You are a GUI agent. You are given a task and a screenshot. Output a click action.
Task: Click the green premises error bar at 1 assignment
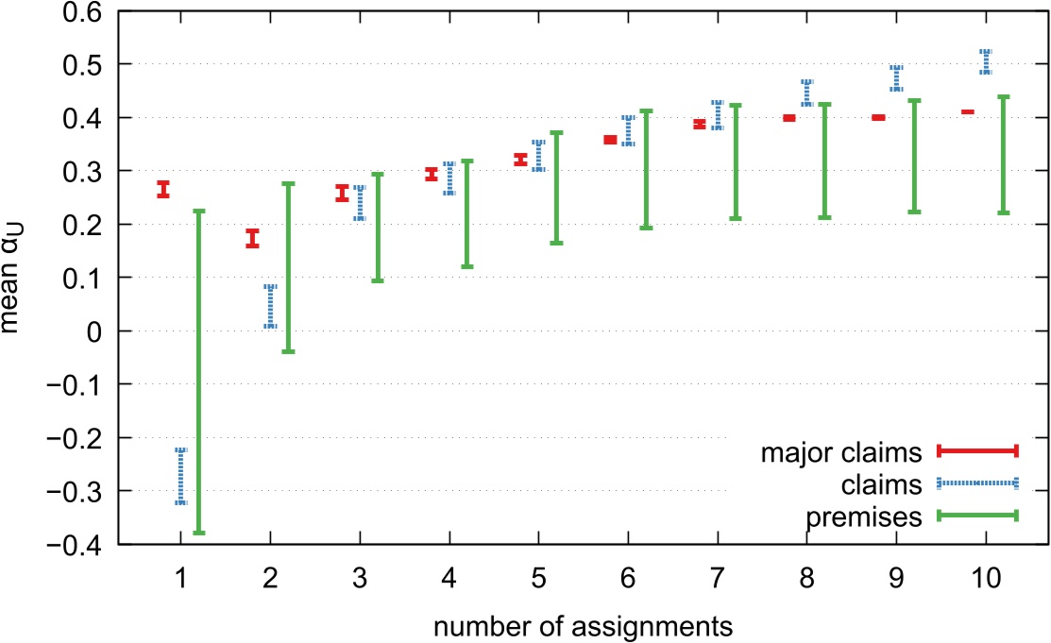[x=199, y=372]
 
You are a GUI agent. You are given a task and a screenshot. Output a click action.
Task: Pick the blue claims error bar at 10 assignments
[x=986, y=61]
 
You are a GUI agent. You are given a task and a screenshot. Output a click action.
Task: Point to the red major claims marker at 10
[x=967, y=112]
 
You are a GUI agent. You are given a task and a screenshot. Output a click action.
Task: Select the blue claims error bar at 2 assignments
[x=270, y=307]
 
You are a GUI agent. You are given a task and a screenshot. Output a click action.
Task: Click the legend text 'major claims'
[x=840, y=453]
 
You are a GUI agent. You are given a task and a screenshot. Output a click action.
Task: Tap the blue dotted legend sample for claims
[x=976, y=484]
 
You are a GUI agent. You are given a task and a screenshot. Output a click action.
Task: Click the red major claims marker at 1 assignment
[x=162, y=190]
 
